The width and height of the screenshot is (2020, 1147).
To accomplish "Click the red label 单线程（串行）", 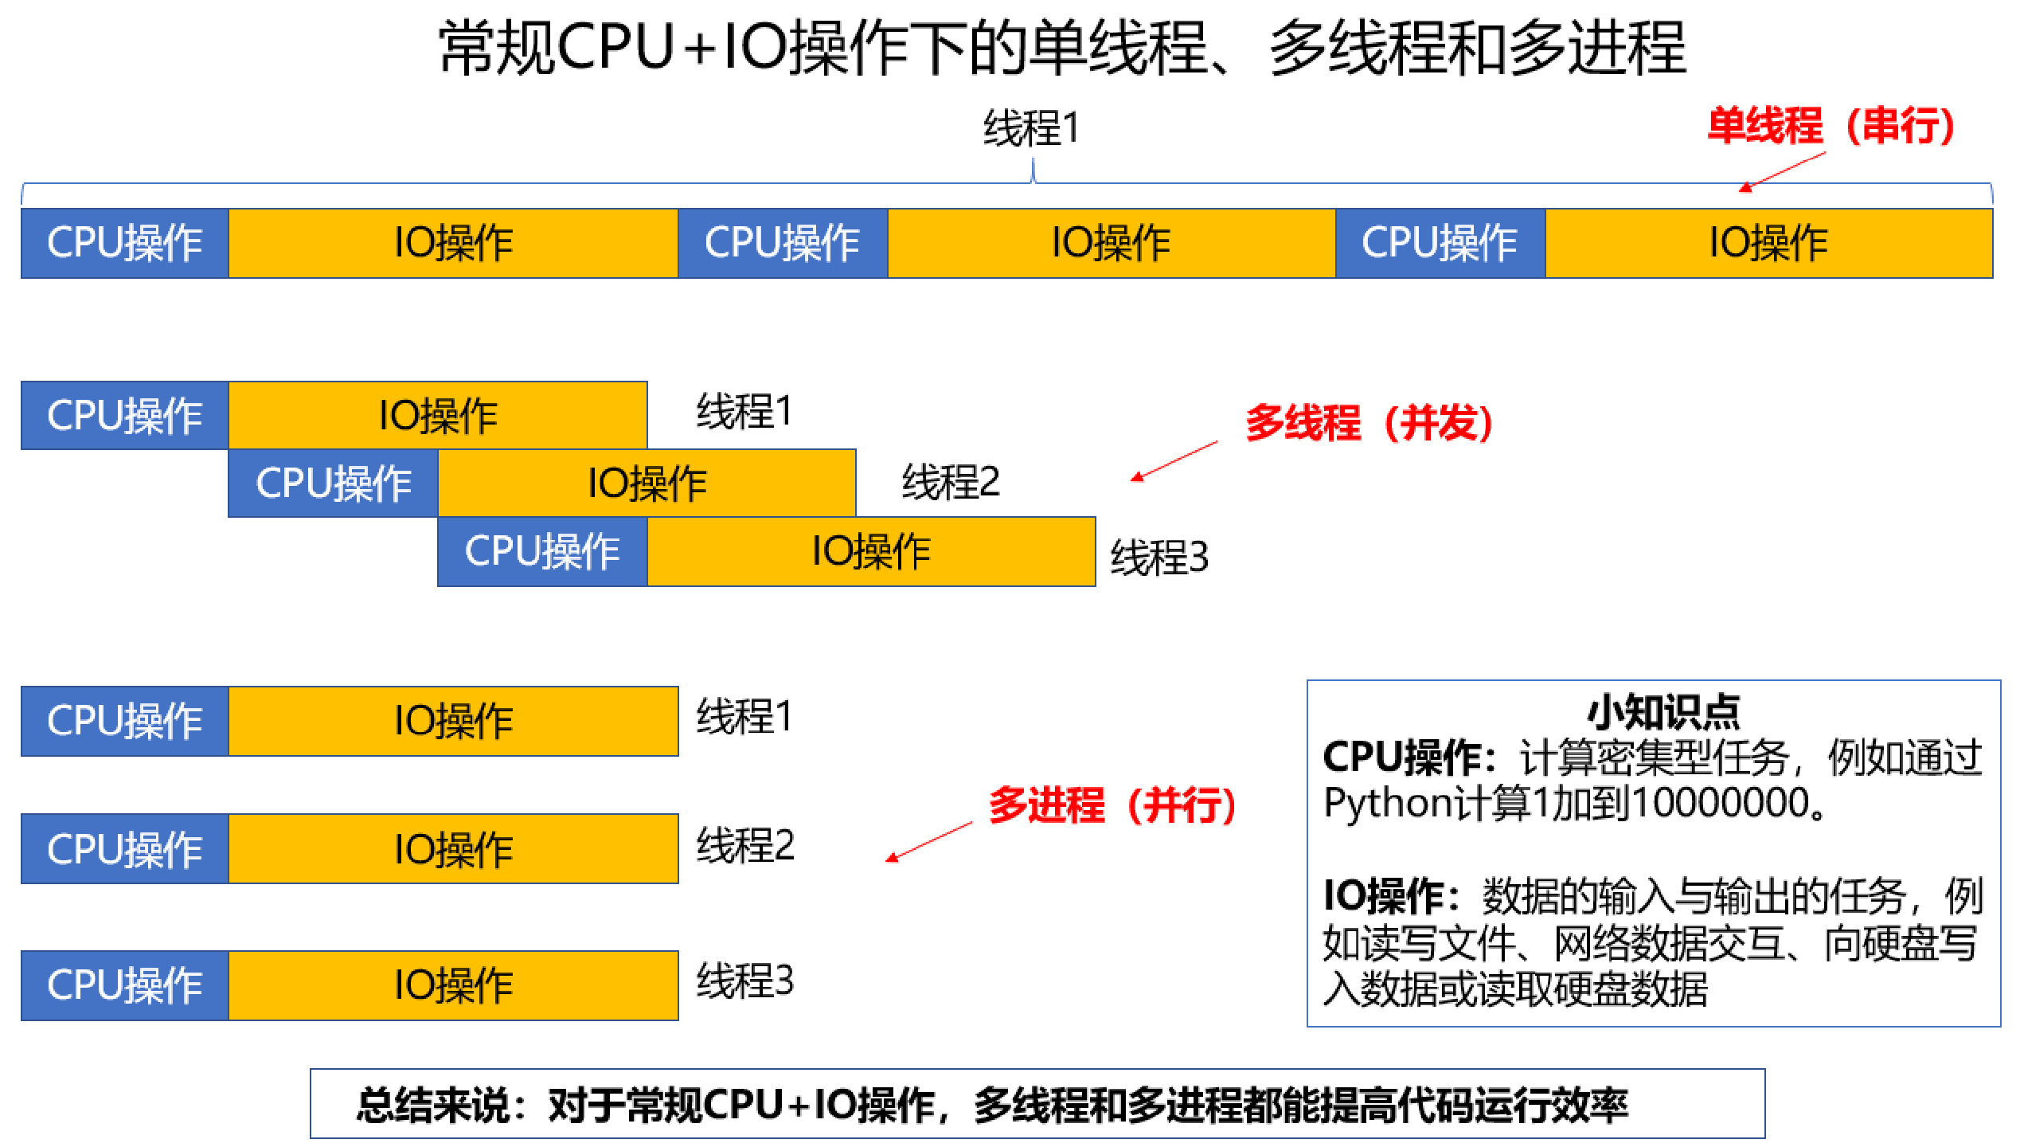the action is (x=1831, y=126).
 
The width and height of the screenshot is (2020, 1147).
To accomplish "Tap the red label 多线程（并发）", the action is (x=1369, y=422).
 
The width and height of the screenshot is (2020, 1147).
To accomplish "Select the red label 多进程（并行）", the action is (x=1112, y=804).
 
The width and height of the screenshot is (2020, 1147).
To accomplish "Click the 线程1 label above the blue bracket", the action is (x=1032, y=128).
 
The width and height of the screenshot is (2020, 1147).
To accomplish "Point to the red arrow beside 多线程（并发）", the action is (x=1174, y=461).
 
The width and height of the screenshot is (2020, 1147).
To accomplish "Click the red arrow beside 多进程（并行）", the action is (x=929, y=842).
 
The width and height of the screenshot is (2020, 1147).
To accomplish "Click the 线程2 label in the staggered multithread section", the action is (x=951, y=482).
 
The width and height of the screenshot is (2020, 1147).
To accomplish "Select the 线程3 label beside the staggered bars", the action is (x=1159, y=557).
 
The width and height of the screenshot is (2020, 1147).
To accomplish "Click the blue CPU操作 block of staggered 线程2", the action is (x=334, y=483).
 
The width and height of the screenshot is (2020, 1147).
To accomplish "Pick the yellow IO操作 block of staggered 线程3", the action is (x=872, y=551).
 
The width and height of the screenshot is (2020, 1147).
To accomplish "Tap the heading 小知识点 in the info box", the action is (x=1664, y=712).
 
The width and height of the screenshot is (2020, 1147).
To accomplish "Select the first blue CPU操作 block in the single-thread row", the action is (x=125, y=243).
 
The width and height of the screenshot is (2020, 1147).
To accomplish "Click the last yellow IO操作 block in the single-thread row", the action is (x=1769, y=243).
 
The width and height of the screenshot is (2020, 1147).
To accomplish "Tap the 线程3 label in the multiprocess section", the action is (x=745, y=981).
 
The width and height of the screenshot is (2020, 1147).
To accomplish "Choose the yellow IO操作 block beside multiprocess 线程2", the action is (x=454, y=849).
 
